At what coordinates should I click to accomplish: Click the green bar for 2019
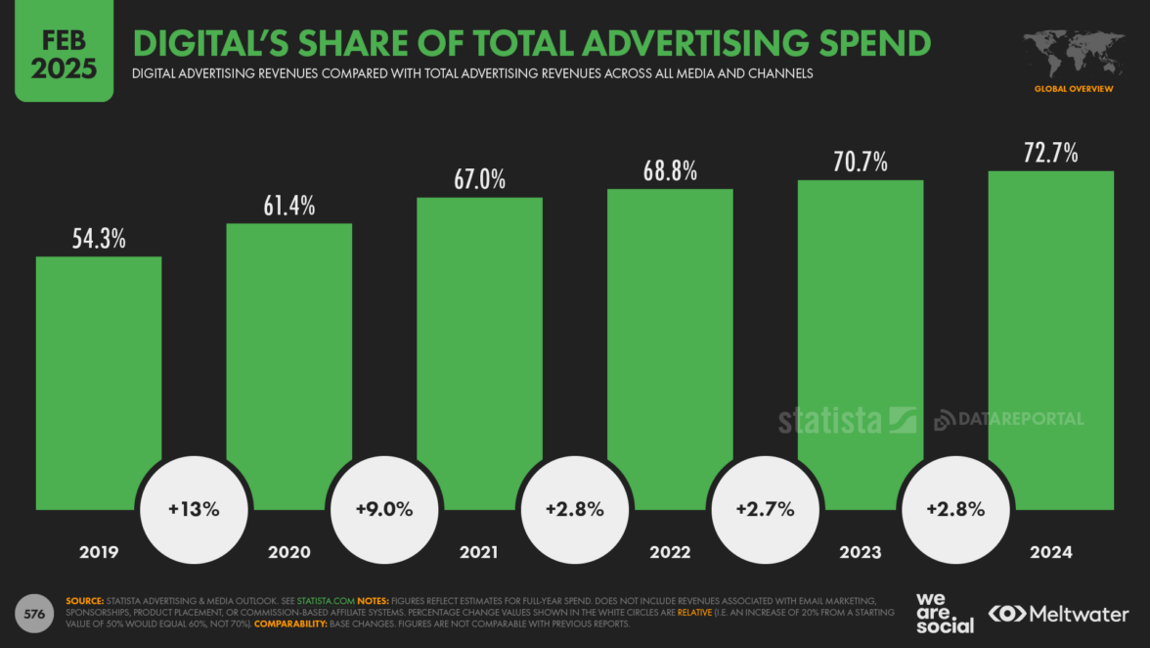point(99,372)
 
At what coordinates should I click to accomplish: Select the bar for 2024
point(1051,333)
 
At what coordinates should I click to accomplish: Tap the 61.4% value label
point(289,206)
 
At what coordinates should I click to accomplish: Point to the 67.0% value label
point(479,180)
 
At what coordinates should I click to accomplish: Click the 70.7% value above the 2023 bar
point(861,162)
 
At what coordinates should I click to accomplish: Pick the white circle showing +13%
point(194,509)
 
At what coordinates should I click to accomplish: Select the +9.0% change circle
point(384,509)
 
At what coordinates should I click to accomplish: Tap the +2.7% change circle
point(765,509)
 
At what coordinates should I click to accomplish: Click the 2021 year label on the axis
point(479,552)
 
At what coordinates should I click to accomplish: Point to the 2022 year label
point(670,552)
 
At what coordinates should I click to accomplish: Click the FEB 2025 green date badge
point(64,52)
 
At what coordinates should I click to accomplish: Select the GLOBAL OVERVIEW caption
point(1074,89)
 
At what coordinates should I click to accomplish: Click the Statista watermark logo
point(847,420)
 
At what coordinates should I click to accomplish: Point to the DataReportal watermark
point(1009,419)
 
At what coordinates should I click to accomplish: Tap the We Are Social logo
point(945,613)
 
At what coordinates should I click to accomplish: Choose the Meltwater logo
point(1059,614)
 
